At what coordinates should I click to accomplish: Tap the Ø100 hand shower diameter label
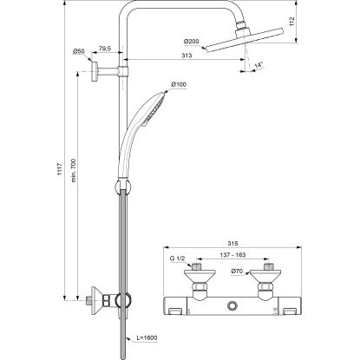coord(179,84)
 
